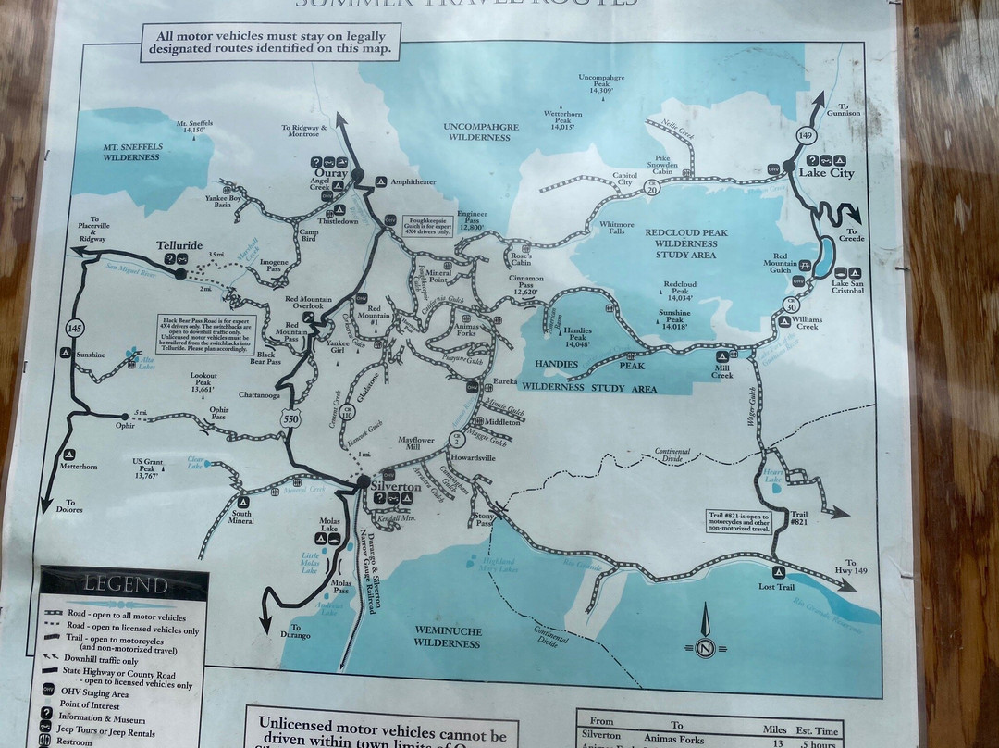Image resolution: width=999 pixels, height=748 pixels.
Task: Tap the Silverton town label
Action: tap(396, 486)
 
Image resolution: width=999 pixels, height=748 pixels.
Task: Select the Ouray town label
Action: tap(330, 173)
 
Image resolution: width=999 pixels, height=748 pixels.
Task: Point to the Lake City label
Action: tap(826, 173)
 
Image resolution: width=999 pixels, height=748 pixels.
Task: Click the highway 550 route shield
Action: tap(290, 419)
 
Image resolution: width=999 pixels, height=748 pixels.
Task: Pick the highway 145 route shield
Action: tap(74, 328)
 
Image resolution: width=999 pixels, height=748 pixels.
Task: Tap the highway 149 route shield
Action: tap(806, 136)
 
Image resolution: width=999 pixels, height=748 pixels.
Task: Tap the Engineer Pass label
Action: tap(472, 218)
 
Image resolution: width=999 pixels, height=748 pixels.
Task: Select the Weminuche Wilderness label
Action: tap(448, 636)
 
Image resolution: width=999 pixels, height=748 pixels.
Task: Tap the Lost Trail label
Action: tap(776, 587)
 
